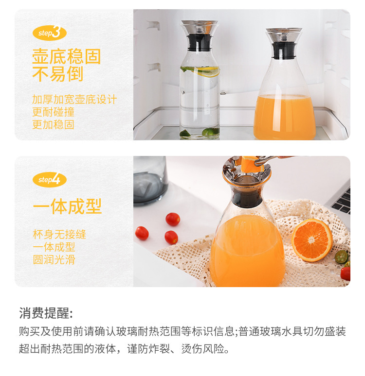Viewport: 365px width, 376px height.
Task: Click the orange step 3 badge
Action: (49, 33)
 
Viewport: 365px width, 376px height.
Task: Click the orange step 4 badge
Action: (49, 180)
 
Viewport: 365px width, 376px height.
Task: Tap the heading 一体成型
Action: (67, 206)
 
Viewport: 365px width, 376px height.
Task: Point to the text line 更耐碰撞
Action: (53, 112)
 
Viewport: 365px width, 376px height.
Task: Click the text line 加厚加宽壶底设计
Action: (74, 100)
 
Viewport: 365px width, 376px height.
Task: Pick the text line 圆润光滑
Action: (54, 259)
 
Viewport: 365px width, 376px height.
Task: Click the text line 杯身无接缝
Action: (59, 234)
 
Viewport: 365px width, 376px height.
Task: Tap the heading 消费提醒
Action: (46, 313)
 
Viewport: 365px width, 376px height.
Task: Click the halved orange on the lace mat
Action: (311, 239)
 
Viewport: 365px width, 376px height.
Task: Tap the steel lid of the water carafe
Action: (199, 27)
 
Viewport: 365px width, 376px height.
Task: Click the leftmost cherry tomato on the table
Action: (142, 233)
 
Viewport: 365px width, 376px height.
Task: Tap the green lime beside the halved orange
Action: (342, 256)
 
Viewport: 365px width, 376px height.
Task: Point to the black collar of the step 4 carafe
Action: (247, 199)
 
